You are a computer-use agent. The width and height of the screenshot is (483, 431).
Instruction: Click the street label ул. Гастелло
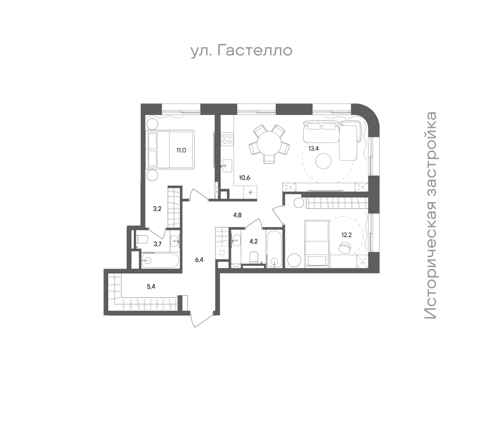(x=242, y=51)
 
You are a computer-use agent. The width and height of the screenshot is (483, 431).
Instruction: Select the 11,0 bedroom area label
(x=181, y=150)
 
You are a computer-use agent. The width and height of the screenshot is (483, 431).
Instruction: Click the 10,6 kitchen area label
(x=245, y=178)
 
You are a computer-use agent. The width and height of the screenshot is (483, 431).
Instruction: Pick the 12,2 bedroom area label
(x=346, y=235)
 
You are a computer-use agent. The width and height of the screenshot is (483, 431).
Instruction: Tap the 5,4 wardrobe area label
(x=151, y=286)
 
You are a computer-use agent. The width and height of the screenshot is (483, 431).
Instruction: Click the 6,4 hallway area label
(x=199, y=260)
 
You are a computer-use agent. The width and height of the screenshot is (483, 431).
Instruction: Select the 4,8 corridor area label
(x=237, y=215)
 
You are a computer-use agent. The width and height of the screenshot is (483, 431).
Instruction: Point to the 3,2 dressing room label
(x=157, y=209)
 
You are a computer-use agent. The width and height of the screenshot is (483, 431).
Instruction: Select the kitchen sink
(x=226, y=166)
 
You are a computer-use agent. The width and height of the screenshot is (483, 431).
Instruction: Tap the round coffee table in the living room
(x=324, y=161)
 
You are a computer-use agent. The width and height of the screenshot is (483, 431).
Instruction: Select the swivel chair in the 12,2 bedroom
(x=344, y=247)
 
